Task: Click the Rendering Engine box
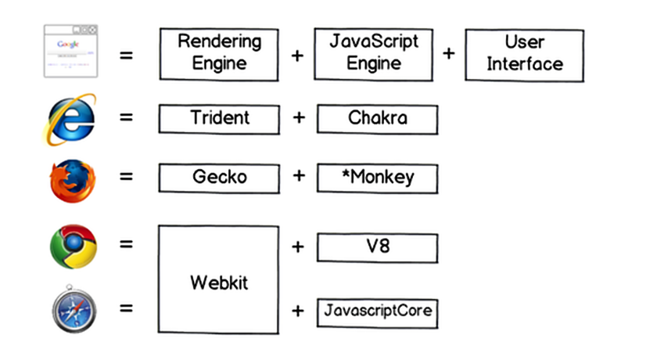click(218, 53)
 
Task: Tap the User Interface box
click(524, 53)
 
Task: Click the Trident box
click(218, 119)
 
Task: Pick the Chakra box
click(377, 119)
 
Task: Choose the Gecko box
click(218, 178)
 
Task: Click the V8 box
click(377, 247)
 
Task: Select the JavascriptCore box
click(377, 312)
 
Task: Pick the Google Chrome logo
click(73, 246)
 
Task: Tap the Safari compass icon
click(73, 309)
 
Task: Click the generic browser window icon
click(70, 51)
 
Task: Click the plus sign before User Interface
click(449, 54)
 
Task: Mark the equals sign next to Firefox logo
click(126, 177)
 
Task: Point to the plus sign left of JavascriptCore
click(297, 311)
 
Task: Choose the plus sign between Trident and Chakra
click(298, 118)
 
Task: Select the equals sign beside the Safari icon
click(126, 308)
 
